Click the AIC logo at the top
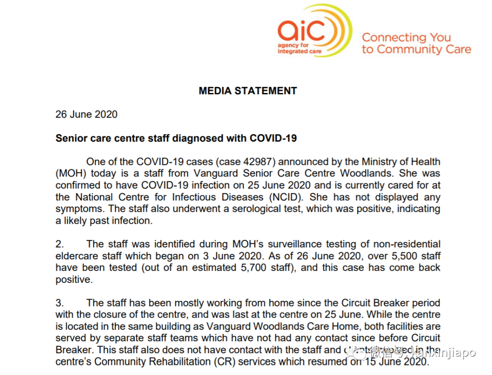tap(314, 32)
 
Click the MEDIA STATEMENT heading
tap(248, 91)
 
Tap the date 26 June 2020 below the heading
tap(87, 114)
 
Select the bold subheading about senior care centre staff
tap(176, 138)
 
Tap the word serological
tap(251, 209)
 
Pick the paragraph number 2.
tap(59, 245)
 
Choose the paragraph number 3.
tap(59, 303)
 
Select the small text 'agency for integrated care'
tap(299, 48)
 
